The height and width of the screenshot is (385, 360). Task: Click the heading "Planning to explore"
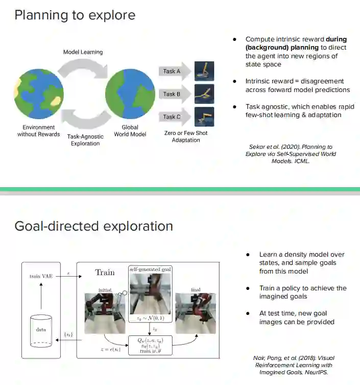[x=75, y=15]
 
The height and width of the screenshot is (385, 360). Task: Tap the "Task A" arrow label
[x=172, y=71]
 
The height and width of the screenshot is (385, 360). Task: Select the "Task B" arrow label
[x=172, y=94]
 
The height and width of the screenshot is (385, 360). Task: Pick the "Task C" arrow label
[x=172, y=117]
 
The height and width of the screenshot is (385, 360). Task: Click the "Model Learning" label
[x=83, y=52]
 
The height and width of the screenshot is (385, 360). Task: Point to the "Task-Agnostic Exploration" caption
[x=85, y=140]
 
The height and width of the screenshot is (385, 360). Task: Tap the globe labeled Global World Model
[x=130, y=94]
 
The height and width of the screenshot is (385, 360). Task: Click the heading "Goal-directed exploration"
[x=93, y=226]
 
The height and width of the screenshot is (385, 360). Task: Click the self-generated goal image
[x=150, y=294]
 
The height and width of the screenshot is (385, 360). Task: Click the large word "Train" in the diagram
[x=105, y=273]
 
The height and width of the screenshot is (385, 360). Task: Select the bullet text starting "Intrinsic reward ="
[x=298, y=85]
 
